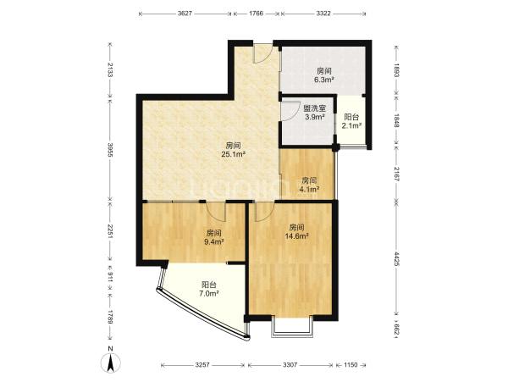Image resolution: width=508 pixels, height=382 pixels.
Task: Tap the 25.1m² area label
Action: coord(233,150)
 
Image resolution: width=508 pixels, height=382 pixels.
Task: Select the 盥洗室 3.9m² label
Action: coord(315,113)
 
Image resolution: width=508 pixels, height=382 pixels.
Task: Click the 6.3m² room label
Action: coord(324,75)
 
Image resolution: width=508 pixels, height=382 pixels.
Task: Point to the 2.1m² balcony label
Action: coord(351,121)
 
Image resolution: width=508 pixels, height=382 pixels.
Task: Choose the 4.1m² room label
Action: coord(309,185)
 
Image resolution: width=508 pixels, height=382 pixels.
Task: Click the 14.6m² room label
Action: coord(296,231)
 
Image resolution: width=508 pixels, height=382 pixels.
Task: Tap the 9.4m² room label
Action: coord(214,237)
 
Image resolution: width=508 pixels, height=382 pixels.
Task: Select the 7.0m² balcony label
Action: coord(208,289)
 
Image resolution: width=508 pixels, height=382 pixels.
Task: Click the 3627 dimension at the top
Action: coord(185,14)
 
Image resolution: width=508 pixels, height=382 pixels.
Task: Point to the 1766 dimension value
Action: coord(257,14)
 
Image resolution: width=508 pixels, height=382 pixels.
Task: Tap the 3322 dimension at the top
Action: coord(323,14)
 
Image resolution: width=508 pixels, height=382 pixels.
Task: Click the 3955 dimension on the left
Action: coord(110,150)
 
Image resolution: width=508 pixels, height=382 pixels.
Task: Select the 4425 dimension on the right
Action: coord(397,258)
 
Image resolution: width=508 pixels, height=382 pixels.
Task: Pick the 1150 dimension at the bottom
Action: coord(351,365)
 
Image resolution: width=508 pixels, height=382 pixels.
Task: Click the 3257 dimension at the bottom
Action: coord(202,365)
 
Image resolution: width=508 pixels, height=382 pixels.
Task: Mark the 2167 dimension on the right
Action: coord(397,174)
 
